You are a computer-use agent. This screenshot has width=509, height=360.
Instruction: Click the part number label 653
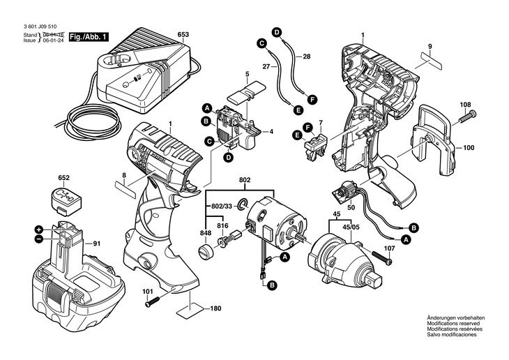[183, 34]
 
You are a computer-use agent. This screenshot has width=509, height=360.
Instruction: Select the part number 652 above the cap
[63, 179]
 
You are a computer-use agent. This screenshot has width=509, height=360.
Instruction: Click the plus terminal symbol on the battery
[39, 230]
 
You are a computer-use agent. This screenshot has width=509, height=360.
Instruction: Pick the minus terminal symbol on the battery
[39, 239]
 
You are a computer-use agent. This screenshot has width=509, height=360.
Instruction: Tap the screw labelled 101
[153, 303]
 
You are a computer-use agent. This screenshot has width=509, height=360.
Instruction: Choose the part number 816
[222, 226]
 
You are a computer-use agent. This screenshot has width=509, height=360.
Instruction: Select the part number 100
[468, 148]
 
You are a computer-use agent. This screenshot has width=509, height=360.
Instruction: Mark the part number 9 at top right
[430, 46]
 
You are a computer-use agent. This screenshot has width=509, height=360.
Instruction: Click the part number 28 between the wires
[307, 55]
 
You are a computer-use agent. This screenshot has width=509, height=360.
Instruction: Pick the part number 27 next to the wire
[265, 67]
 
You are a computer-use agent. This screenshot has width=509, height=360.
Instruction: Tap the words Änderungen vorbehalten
[455, 318]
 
